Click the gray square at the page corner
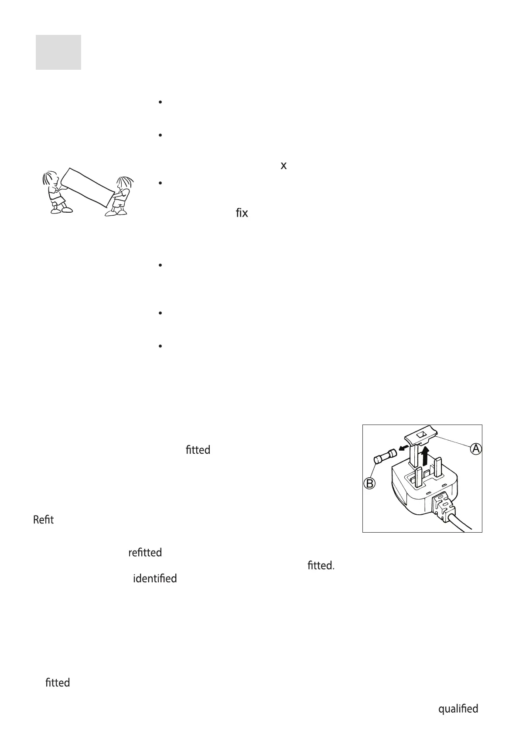click(58, 52)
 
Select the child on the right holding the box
click(120, 196)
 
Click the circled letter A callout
click(476, 449)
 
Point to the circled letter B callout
click(370, 483)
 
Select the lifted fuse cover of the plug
click(421, 438)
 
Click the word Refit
click(44, 520)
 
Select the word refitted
click(145, 552)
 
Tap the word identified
click(155, 578)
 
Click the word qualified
click(458, 709)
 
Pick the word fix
click(242, 214)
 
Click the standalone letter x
click(283, 166)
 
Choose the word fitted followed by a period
click(321, 565)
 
